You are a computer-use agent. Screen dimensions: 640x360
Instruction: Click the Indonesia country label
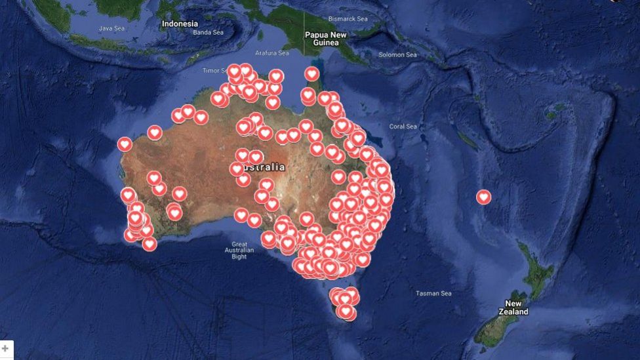coord(180,24)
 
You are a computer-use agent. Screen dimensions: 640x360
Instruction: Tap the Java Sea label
coord(111,28)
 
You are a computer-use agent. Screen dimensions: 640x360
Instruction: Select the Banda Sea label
coord(208,32)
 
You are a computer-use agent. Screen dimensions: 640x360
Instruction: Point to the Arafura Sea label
coord(271,52)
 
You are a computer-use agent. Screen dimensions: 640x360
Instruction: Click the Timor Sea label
coord(215,70)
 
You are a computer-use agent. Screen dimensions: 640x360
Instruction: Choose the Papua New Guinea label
coord(325,39)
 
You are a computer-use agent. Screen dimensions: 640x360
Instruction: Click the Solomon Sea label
coord(397,54)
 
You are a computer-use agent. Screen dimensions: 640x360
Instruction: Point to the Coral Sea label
coord(403,127)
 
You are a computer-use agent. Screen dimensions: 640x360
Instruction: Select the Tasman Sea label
coord(433,293)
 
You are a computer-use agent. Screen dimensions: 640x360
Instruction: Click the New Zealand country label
coord(513,308)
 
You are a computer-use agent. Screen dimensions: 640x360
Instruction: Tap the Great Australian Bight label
coord(239,250)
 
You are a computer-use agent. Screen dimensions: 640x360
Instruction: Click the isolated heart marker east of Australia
coord(483,196)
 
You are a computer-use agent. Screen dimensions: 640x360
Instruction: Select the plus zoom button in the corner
coord(6,349)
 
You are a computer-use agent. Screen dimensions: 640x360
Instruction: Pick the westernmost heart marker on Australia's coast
coord(125,144)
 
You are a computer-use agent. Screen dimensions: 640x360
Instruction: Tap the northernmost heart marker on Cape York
coord(311,73)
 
